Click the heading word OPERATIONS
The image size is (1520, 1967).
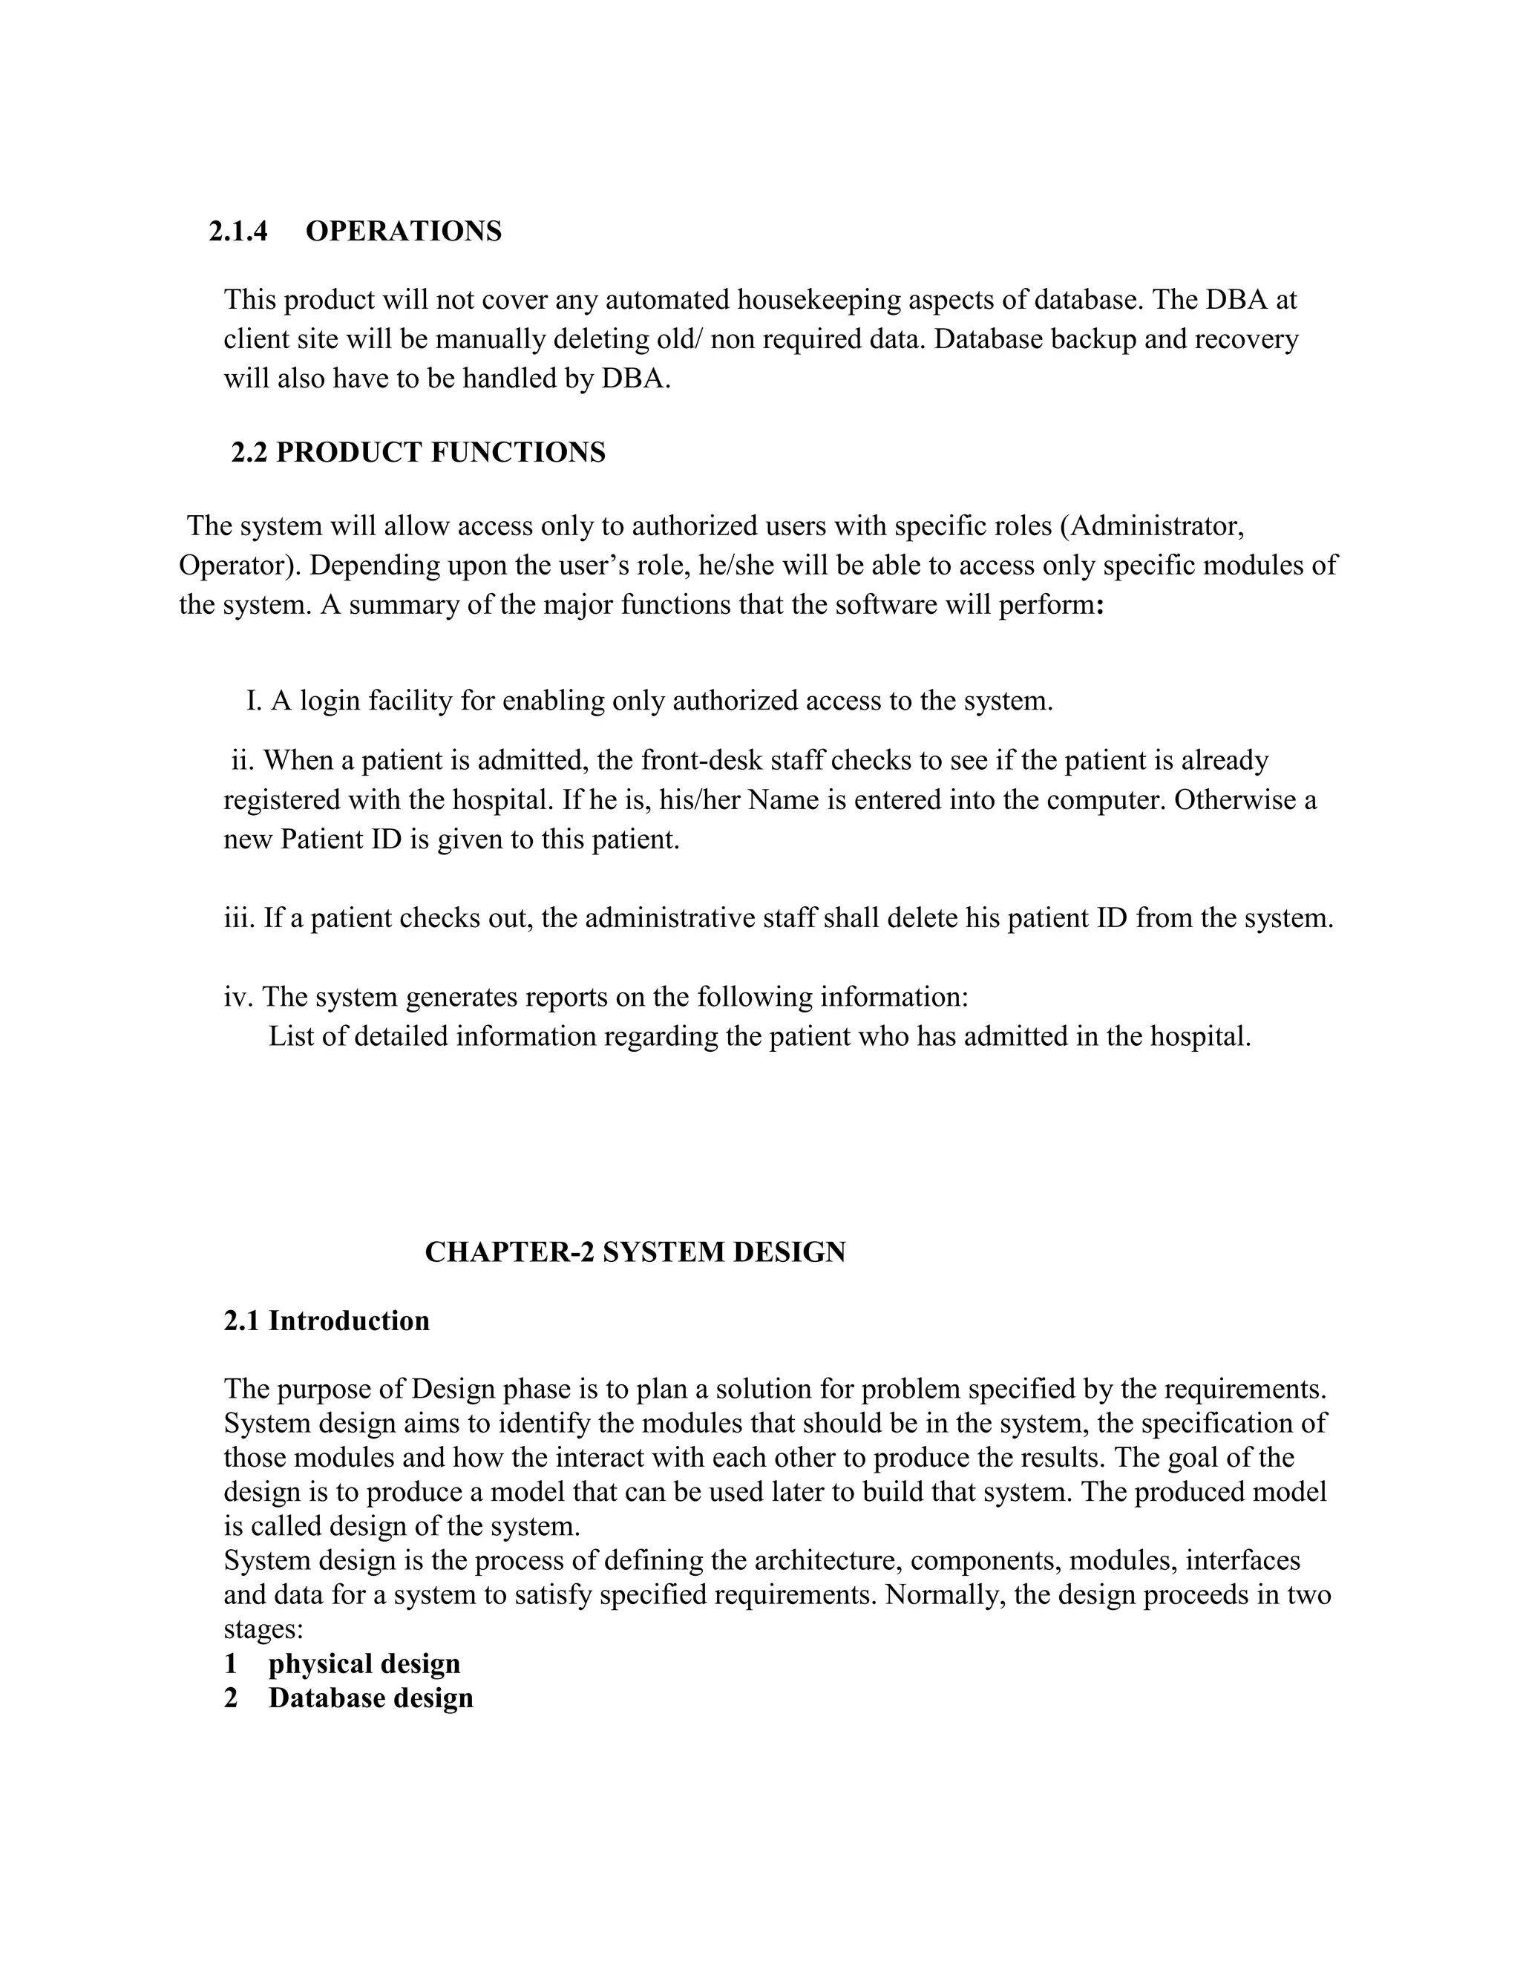click(x=404, y=232)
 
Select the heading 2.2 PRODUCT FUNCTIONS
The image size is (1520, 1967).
click(x=418, y=452)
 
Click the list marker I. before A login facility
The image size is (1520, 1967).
click(x=254, y=701)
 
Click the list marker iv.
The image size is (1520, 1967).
click(x=240, y=997)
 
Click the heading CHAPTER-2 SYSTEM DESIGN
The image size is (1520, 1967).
click(x=635, y=1253)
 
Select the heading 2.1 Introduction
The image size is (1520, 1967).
click(x=326, y=1321)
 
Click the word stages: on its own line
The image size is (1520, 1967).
click(x=263, y=1629)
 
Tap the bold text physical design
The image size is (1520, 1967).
click(x=364, y=1663)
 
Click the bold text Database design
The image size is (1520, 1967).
click(x=370, y=1698)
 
